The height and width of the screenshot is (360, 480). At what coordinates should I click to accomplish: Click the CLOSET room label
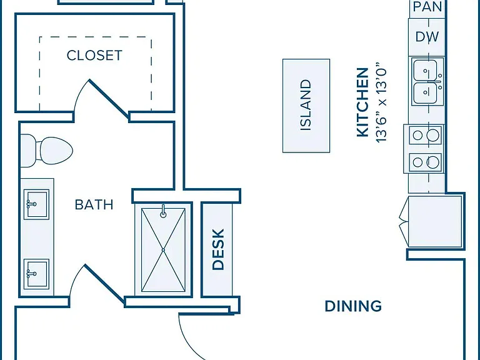coord(94,56)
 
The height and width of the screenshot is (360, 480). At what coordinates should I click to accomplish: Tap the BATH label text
coord(94,204)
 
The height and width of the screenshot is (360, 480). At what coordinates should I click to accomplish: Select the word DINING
coord(353,306)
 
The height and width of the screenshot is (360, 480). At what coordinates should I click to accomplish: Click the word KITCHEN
coord(362,102)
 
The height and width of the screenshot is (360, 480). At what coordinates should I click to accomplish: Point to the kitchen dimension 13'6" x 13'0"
coord(381,102)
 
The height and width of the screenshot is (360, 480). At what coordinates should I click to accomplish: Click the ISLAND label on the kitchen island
coord(306,105)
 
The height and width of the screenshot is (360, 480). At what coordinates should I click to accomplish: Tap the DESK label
coord(218,249)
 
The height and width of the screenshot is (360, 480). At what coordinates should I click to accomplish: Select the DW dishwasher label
coord(427,37)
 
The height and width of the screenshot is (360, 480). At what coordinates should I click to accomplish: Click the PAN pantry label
coord(427,7)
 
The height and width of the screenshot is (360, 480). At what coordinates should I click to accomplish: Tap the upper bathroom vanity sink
coord(36,204)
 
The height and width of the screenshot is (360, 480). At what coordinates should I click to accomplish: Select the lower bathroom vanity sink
coord(36,274)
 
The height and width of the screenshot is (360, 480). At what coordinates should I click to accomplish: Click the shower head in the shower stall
coord(164,211)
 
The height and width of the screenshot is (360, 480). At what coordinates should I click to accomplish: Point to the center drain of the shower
coord(164,250)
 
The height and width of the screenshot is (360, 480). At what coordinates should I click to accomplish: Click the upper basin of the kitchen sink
coord(425,71)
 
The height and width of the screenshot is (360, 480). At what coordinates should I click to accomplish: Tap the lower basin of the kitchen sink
coord(425,92)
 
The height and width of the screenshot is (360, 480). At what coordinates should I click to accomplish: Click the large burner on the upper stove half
coord(433,135)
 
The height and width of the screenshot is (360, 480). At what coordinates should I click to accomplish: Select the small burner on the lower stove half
coord(417,162)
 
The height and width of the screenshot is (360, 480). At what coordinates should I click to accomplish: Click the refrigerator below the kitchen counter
coord(435,222)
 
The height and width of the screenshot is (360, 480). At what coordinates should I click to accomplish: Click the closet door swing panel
coord(109,99)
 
